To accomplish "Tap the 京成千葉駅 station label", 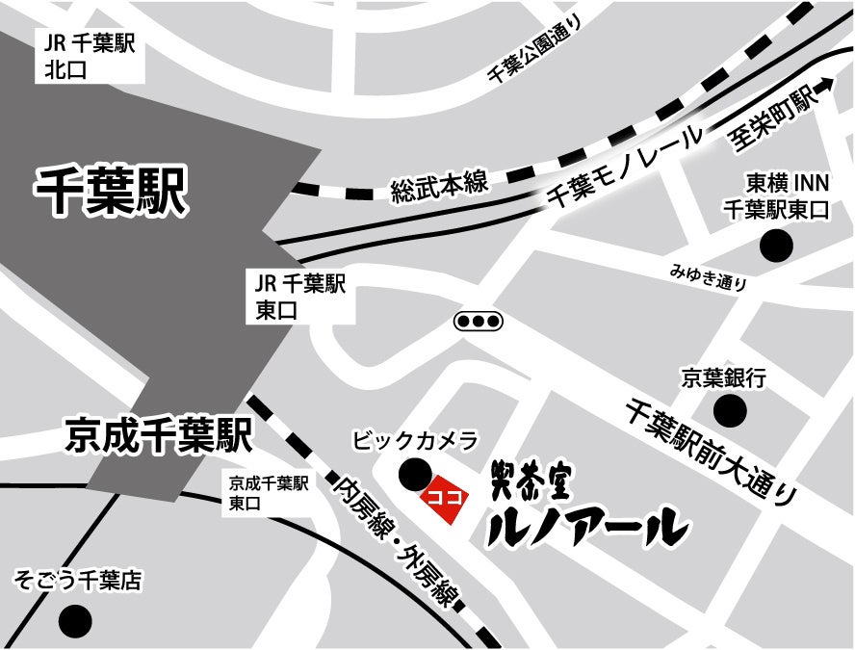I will click(x=159, y=434).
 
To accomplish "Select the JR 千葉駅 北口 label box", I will click(x=87, y=55).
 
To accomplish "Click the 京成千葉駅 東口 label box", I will click(x=269, y=491).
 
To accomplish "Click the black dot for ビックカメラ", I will click(x=415, y=474).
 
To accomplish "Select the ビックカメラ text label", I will click(x=415, y=441).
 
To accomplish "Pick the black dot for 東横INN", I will click(x=775, y=247).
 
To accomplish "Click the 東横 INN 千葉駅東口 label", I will click(x=775, y=196).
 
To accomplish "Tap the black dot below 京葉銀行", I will click(x=731, y=412).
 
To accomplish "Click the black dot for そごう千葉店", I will click(x=74, y=619).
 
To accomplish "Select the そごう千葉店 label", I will click(x=77, y=581).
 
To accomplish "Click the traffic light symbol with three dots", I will click(x=479, y=320).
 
